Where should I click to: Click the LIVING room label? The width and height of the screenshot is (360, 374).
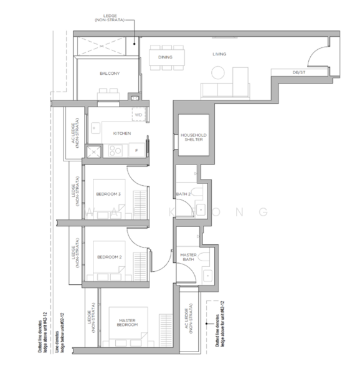point(219,54)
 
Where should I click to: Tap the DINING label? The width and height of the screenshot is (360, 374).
point(165,57)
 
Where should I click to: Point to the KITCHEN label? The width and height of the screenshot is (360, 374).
point(121,133)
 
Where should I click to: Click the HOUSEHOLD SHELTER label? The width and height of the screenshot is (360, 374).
point(193,137)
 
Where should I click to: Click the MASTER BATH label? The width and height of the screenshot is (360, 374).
point(188,257)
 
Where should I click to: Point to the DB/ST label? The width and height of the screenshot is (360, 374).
point(300,73)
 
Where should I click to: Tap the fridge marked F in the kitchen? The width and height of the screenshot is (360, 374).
point(136,150)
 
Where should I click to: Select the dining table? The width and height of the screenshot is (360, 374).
point(165,57)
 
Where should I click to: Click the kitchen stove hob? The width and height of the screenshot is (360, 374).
point(115,150)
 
